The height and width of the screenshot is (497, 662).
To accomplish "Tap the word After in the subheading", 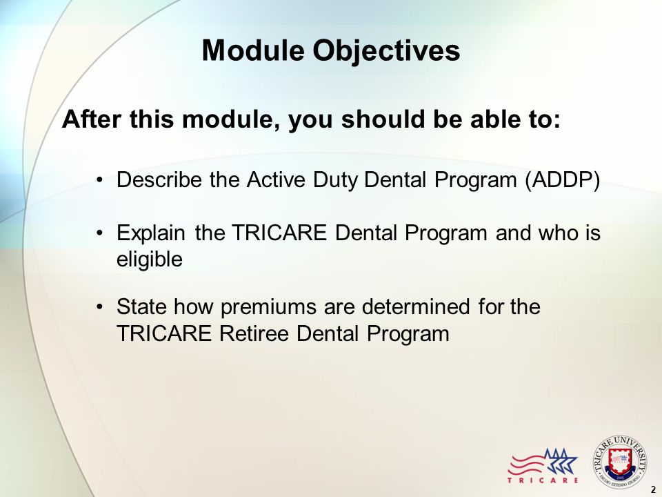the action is pos(93,119).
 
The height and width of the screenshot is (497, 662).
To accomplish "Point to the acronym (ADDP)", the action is pos(563,180).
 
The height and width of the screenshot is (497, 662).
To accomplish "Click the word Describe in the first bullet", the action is pos(159,179).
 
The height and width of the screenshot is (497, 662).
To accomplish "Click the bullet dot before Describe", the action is pos(99,180).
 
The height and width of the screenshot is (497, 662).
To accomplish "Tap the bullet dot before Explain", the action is pos(99,233).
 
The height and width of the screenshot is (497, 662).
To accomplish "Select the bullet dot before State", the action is pos(99,307).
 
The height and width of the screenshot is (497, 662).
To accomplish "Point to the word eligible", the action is pos(150,260).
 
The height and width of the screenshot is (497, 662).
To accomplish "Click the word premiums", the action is pos(268,307).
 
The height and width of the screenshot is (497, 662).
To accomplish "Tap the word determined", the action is pos(416,306).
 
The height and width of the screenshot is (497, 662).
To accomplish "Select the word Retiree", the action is pos(257,333).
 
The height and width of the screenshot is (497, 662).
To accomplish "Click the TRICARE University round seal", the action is pos(620,462).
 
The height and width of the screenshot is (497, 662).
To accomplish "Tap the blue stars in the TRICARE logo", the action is pos(560,462).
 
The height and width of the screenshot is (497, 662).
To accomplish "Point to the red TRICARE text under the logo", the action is pos(543,480).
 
